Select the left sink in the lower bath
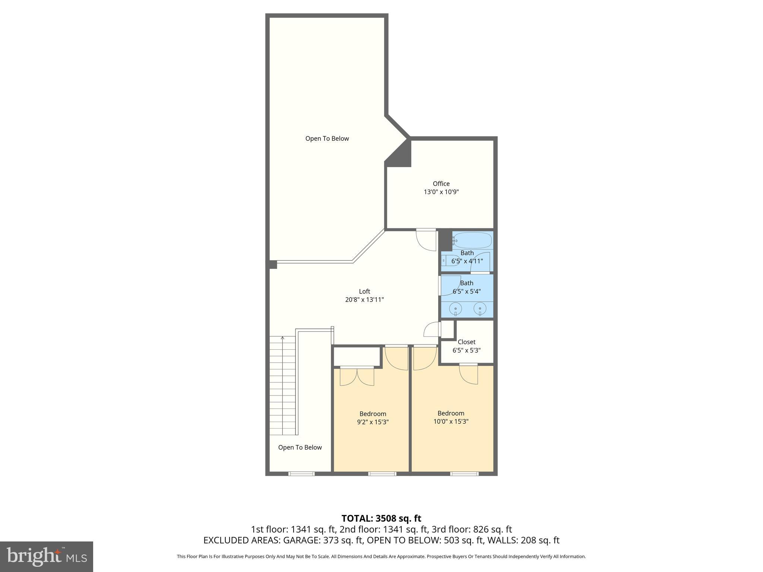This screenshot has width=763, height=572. (455, 309)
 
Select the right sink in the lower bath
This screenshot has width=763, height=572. (480, 309)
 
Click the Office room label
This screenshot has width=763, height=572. (441, 184)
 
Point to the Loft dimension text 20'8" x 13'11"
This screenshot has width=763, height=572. (364, 300)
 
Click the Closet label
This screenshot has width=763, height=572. (466, 342)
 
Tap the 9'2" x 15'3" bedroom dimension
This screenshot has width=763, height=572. (373, 422)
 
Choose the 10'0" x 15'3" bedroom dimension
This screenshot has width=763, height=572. (451, 422)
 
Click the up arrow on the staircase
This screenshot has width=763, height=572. (283, 339)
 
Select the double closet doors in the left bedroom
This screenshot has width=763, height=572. (357, 376)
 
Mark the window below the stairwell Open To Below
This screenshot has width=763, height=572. (301, 474)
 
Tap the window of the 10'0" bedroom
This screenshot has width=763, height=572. (464, 474)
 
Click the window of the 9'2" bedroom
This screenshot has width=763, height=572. (382, 474)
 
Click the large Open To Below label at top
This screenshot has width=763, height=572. (327, 139)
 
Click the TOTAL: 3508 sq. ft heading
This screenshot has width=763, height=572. (381, 518)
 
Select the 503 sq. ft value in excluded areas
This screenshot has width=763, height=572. (464, 540)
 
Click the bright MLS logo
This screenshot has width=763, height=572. (46, 556)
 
